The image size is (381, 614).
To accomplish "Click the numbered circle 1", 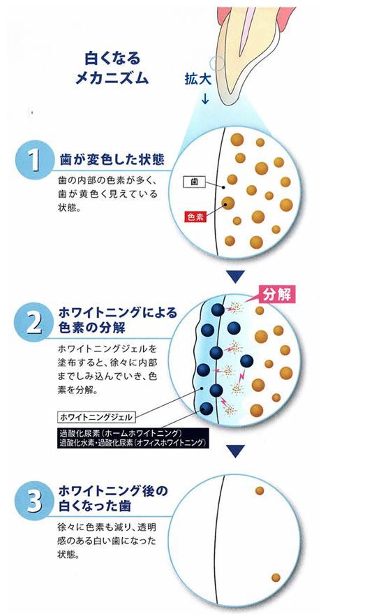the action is (x=34, y=160).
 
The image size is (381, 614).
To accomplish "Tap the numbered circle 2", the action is (x=33, y=322).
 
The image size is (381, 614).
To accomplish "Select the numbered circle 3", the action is (x=33, y=501).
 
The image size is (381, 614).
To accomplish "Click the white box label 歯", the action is (x=194, y=182).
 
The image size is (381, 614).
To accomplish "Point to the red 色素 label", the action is (x=195, y=217).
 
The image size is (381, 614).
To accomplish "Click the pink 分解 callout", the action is (x=276, y=293).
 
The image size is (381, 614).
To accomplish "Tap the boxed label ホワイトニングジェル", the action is (x=96, y=417).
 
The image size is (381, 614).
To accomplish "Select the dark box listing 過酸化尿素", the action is (x=133, y=438).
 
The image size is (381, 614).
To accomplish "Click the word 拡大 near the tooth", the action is (x=198, y=79).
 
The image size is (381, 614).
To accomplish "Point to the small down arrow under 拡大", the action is (x=205, y=98).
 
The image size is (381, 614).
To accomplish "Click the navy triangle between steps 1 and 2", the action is (x=236, y=277).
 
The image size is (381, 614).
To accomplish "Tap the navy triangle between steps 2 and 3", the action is (x=236, y=451).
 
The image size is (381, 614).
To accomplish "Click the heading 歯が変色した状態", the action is (x=112, y=160).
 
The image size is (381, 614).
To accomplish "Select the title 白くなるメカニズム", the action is (x=112, y=68).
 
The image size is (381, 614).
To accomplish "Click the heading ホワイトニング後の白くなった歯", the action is (x=113, y=498).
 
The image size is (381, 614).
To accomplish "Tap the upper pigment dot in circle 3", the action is (x=260, y=490).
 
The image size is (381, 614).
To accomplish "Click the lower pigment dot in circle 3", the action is (x=276, y=578).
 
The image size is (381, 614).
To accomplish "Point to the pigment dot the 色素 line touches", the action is (x=227, y=203).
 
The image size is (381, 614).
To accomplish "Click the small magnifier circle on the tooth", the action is (x=216, y=64).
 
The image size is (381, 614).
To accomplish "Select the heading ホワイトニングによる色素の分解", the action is (x=118, y=319).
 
